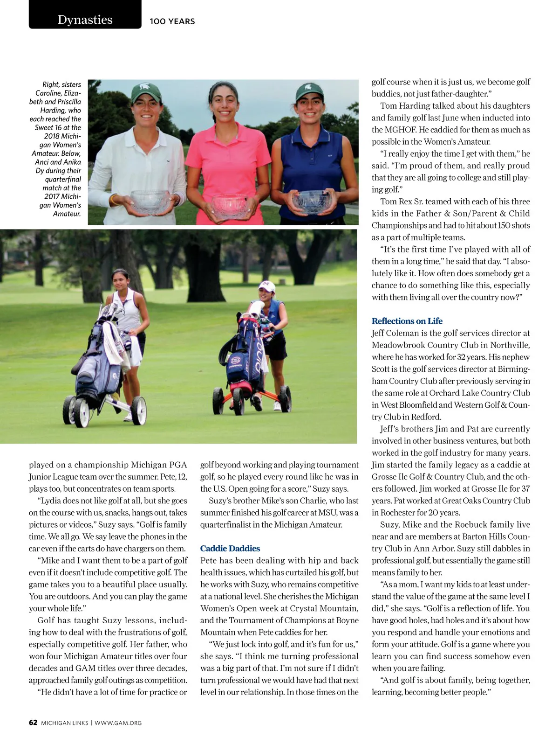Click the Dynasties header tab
(x=85, y=20)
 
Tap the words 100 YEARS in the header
(x=172, y=21)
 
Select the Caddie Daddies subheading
(x=230, y=549)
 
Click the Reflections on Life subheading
(x=407, y=321)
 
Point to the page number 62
(x=33, y=723)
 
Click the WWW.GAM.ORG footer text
(x=118, y=723)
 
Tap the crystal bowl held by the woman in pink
(x=230, y=206)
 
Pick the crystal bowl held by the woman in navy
(x=311, y=201)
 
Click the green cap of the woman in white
(x=146, y=91)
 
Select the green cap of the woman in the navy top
(x=309, y=92)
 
